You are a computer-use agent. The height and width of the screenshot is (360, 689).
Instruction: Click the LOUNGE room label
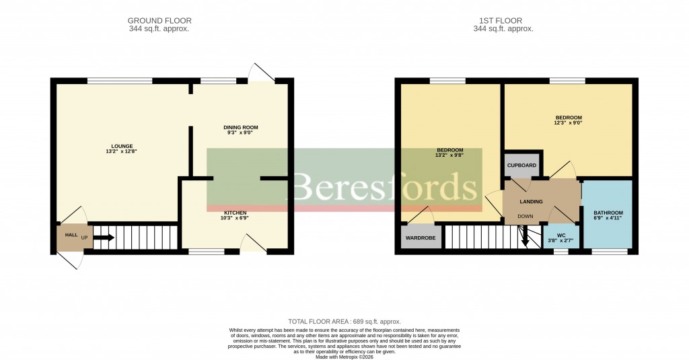point(122,146)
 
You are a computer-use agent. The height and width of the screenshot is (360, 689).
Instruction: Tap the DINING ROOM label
point(240,127)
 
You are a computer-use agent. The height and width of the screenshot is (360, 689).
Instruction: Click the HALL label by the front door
point(71,235)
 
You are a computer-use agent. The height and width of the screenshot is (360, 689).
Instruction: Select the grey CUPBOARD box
point(522,165)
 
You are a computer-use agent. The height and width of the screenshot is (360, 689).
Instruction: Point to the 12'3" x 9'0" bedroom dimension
point(568,123)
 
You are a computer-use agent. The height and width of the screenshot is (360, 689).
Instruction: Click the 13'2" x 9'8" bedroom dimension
point(449,155)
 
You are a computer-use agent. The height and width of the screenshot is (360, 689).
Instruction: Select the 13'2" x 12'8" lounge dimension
point(122,151)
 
